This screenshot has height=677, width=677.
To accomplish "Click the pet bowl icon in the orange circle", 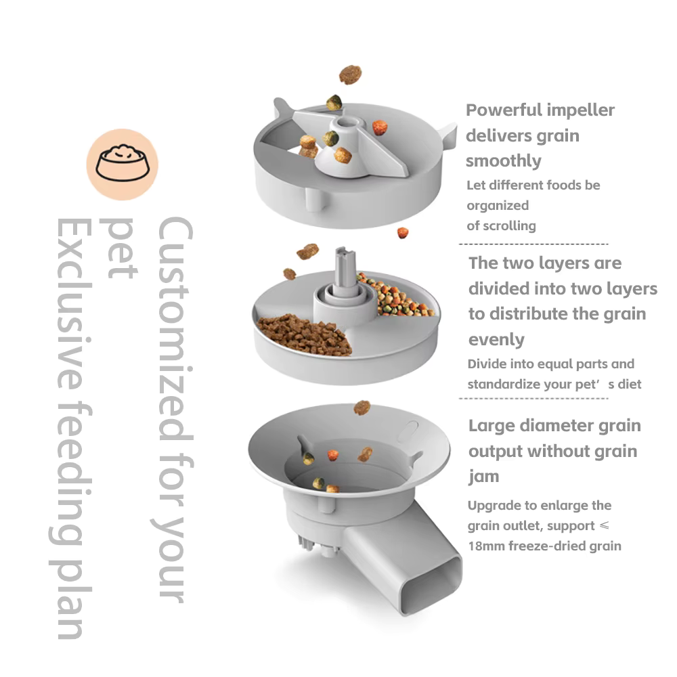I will pyautogui.click(x=122, y=165).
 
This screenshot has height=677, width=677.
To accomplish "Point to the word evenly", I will pyautogui.click(x=496, y=339).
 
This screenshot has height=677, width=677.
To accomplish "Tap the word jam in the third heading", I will pyautogui.click(x=483, y=477).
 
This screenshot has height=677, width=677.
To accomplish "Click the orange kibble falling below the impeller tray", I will pyautogui.click(x=403, y=233).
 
